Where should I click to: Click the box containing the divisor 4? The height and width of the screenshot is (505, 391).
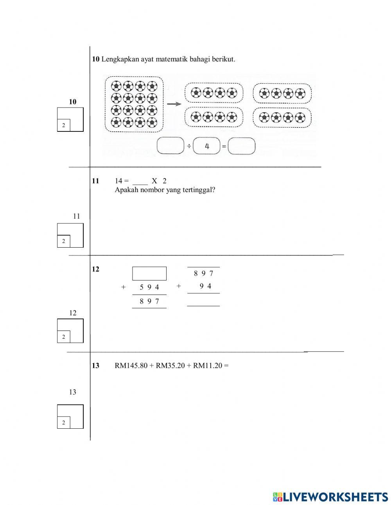[207, 146]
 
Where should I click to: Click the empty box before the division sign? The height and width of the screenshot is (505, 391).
[170, 146]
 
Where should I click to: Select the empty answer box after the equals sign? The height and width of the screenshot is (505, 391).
[242, 146]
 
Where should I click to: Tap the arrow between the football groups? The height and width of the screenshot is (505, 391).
[174, 104]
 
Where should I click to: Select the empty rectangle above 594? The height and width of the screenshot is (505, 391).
[149, 273]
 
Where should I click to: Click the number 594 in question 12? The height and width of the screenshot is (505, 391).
[149, 287]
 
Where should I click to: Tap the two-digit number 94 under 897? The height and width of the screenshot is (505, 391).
[205, 286]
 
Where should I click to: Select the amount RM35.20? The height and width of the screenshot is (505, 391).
[170, 366]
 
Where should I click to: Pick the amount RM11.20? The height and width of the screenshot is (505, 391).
[208, 366]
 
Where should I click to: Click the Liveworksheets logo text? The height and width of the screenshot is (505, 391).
[335, 496]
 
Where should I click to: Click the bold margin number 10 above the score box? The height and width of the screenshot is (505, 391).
[73, 102]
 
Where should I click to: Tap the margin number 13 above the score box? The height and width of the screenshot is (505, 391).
[73, 392]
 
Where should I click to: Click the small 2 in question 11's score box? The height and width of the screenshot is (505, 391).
[63, 241]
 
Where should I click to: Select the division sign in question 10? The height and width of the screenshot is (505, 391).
[189, 146]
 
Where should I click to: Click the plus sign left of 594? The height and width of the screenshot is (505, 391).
[124, 287]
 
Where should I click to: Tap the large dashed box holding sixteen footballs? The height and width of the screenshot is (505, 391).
[134, 104]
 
